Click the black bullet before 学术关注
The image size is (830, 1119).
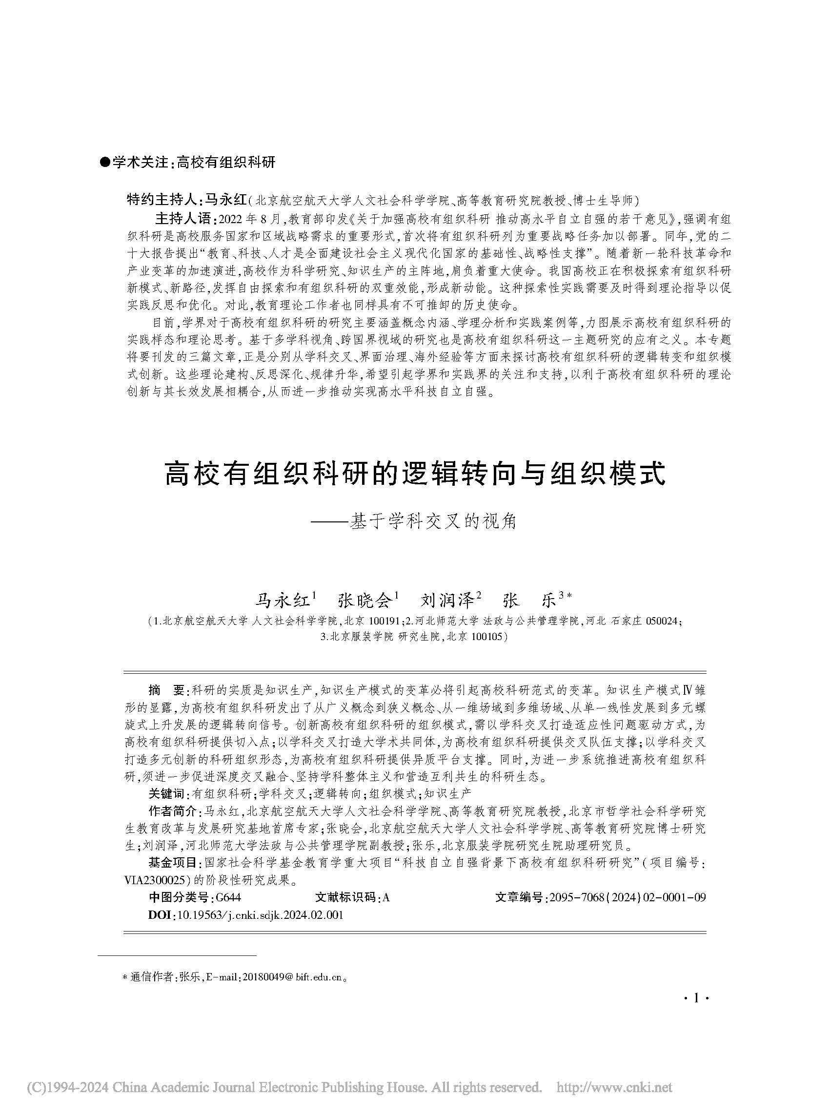(105, 163)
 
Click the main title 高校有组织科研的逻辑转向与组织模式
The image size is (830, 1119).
(415, 475)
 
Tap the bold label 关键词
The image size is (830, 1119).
(166, 794)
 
